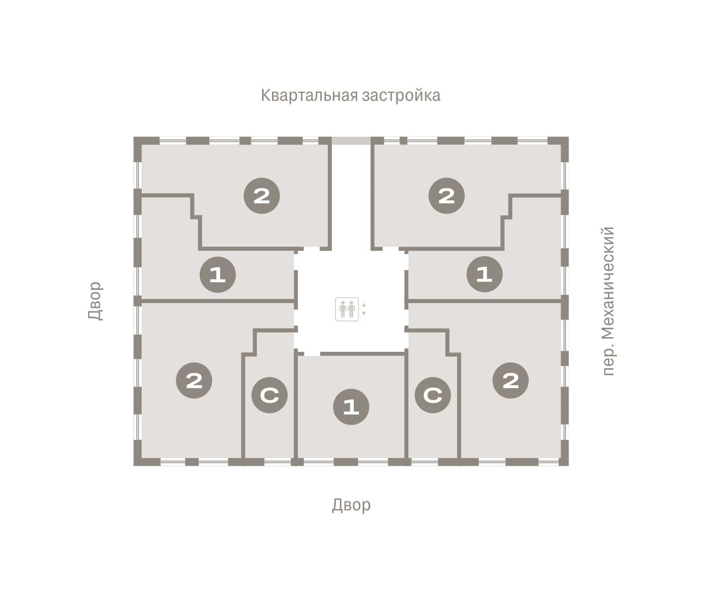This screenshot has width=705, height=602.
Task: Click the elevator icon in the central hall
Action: click(347, 310)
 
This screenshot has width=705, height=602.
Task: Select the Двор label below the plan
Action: click(351, 505)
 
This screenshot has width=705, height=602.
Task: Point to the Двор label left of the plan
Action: click(95, 301)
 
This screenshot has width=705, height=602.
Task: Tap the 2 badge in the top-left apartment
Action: click(261, 196)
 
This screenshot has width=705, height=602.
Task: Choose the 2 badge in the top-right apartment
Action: click(446, 196)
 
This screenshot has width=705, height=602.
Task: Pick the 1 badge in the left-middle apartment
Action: click(217, 274)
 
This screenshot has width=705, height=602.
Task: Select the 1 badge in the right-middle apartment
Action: click(484, 274)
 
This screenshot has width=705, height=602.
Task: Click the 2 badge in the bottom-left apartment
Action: click(194, 381)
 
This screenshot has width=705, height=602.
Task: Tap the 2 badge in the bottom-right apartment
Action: click(511, 381)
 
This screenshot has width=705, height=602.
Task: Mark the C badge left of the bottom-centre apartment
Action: click(269, 395)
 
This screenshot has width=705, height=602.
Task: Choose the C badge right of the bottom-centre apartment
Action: click(432, 395)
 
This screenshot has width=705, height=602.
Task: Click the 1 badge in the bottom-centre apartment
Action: click(351, 406)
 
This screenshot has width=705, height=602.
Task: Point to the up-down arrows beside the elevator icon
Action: click(364, 310)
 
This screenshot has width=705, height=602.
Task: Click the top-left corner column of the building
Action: click(139, 142)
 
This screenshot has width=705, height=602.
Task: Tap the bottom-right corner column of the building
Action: click(563, 461)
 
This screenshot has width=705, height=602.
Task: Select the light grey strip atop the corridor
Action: click(351, 140)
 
